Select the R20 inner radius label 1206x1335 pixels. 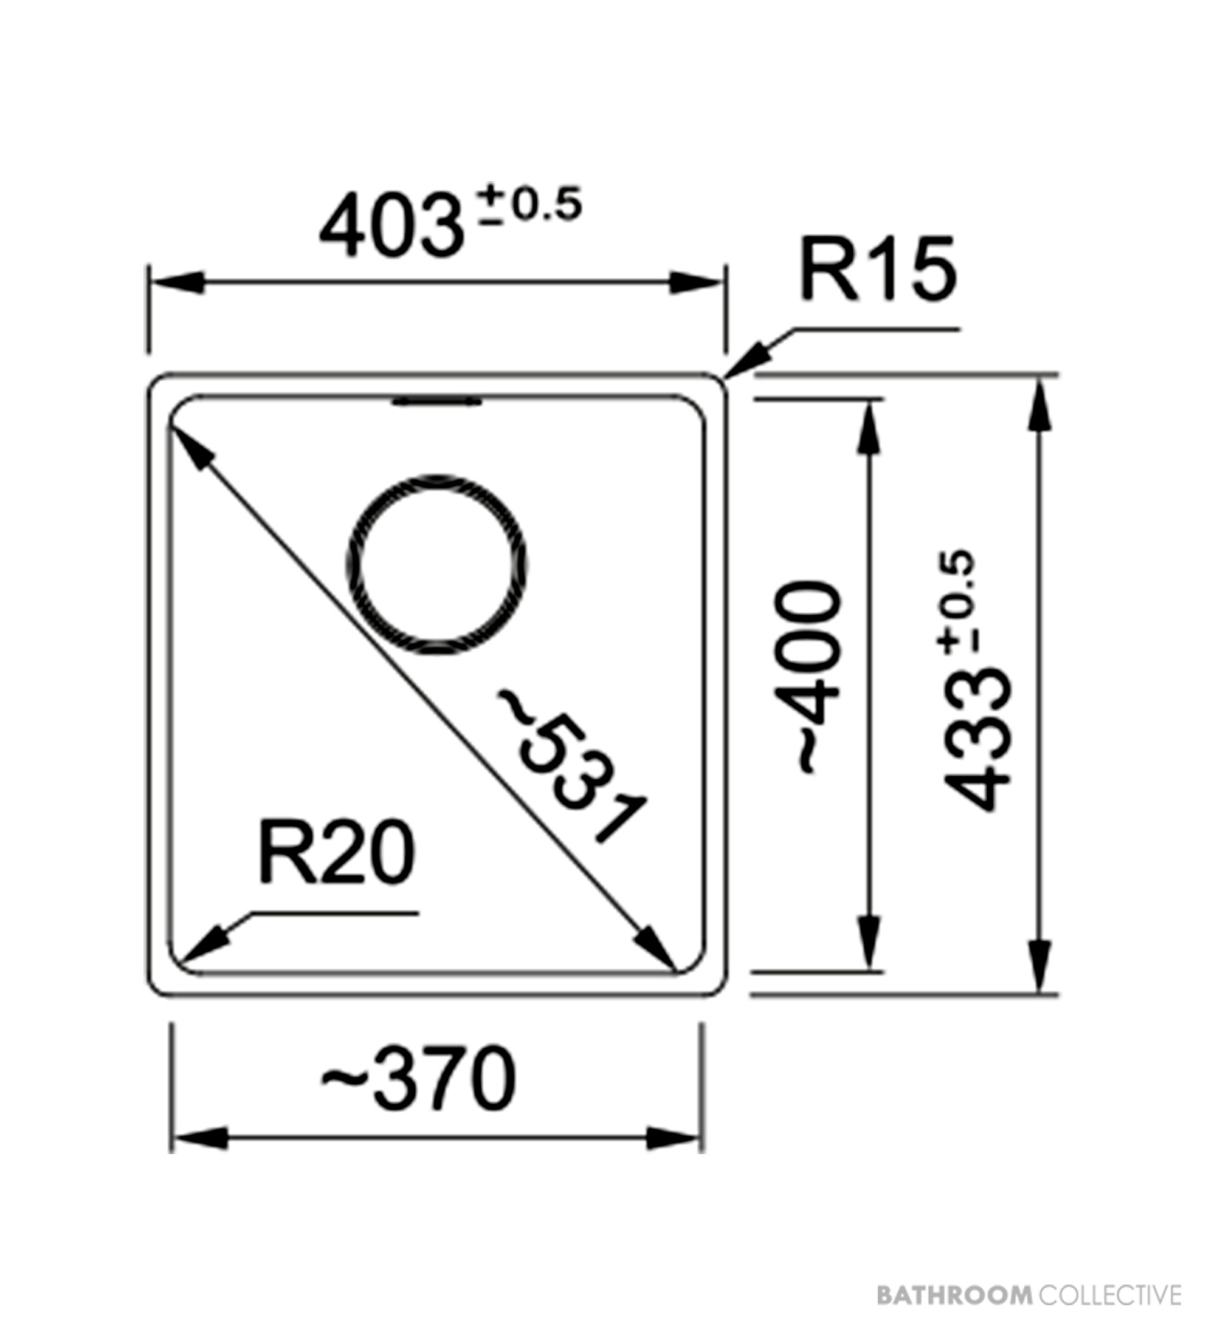tap(337, 852)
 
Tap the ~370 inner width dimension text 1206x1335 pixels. tap(419, 1078)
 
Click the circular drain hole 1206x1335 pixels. tap(436, 565)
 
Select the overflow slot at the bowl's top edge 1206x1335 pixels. tap(437, 401)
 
